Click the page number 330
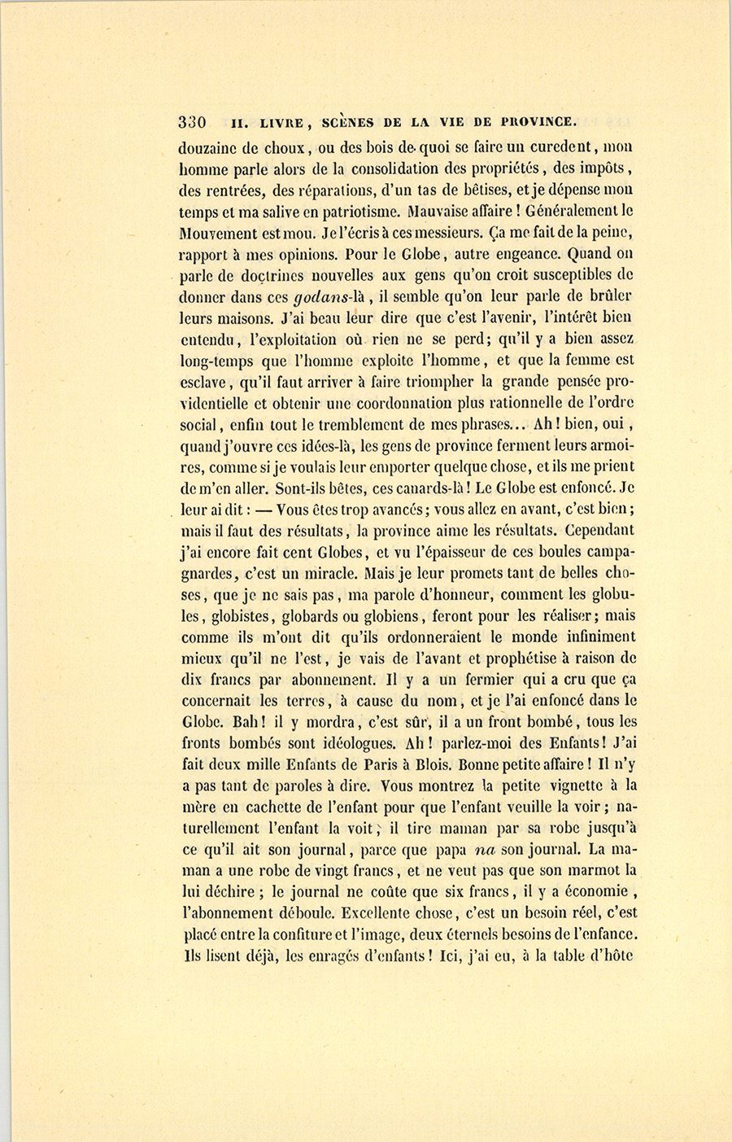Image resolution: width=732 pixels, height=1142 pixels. (193, 123)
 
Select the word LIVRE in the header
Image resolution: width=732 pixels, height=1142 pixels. (281, 124)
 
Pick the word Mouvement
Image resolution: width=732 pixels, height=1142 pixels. (220, 233)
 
